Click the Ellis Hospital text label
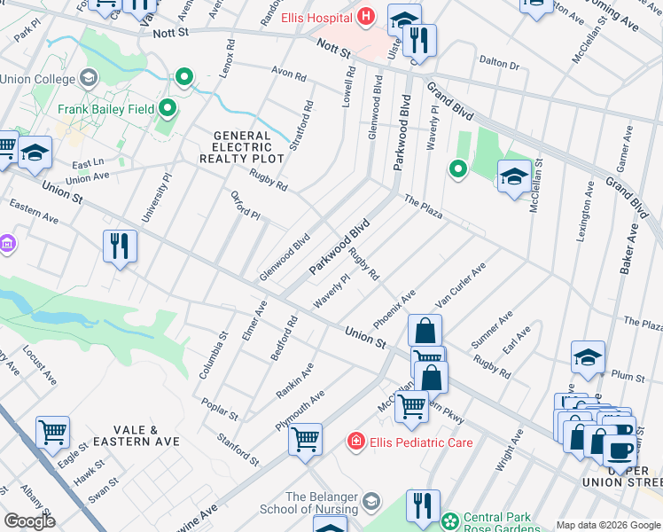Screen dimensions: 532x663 tap(316, 18)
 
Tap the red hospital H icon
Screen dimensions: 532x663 tap(365, 18)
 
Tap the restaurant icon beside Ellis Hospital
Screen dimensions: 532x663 tap(420, 40)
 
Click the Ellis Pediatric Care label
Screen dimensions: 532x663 tap(421, 442)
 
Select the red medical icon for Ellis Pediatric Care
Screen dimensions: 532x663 tap(356, 442)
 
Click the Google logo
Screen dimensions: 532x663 tap(28, 520)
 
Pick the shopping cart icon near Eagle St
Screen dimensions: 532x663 tap(52, 432)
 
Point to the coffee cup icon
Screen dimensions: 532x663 tap(619, 450)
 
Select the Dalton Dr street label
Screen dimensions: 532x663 tap(498, 63)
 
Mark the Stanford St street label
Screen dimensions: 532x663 tap(238, 449)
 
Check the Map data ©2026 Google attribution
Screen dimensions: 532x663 tap(608, 525)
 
